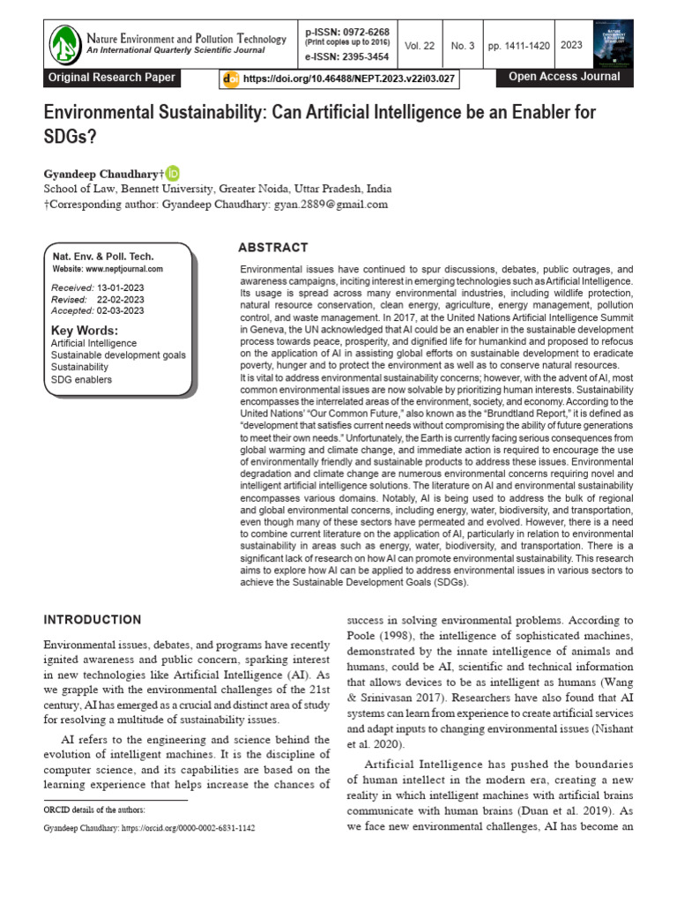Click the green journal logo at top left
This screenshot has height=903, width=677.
tap(64, 44)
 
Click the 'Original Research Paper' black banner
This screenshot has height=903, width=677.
tap(112, 78)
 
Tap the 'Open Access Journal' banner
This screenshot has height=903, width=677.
tap(564, 77)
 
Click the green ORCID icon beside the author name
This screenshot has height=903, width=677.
tap(173, 173)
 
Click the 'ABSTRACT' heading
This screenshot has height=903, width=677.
tap(273, 248)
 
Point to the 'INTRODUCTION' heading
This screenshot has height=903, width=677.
tap(93, 620)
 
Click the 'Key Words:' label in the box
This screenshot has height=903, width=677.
tap(84, 331)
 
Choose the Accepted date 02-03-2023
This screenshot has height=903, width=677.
tap(121, 310)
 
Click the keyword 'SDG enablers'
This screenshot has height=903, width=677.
tap(82, 379)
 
